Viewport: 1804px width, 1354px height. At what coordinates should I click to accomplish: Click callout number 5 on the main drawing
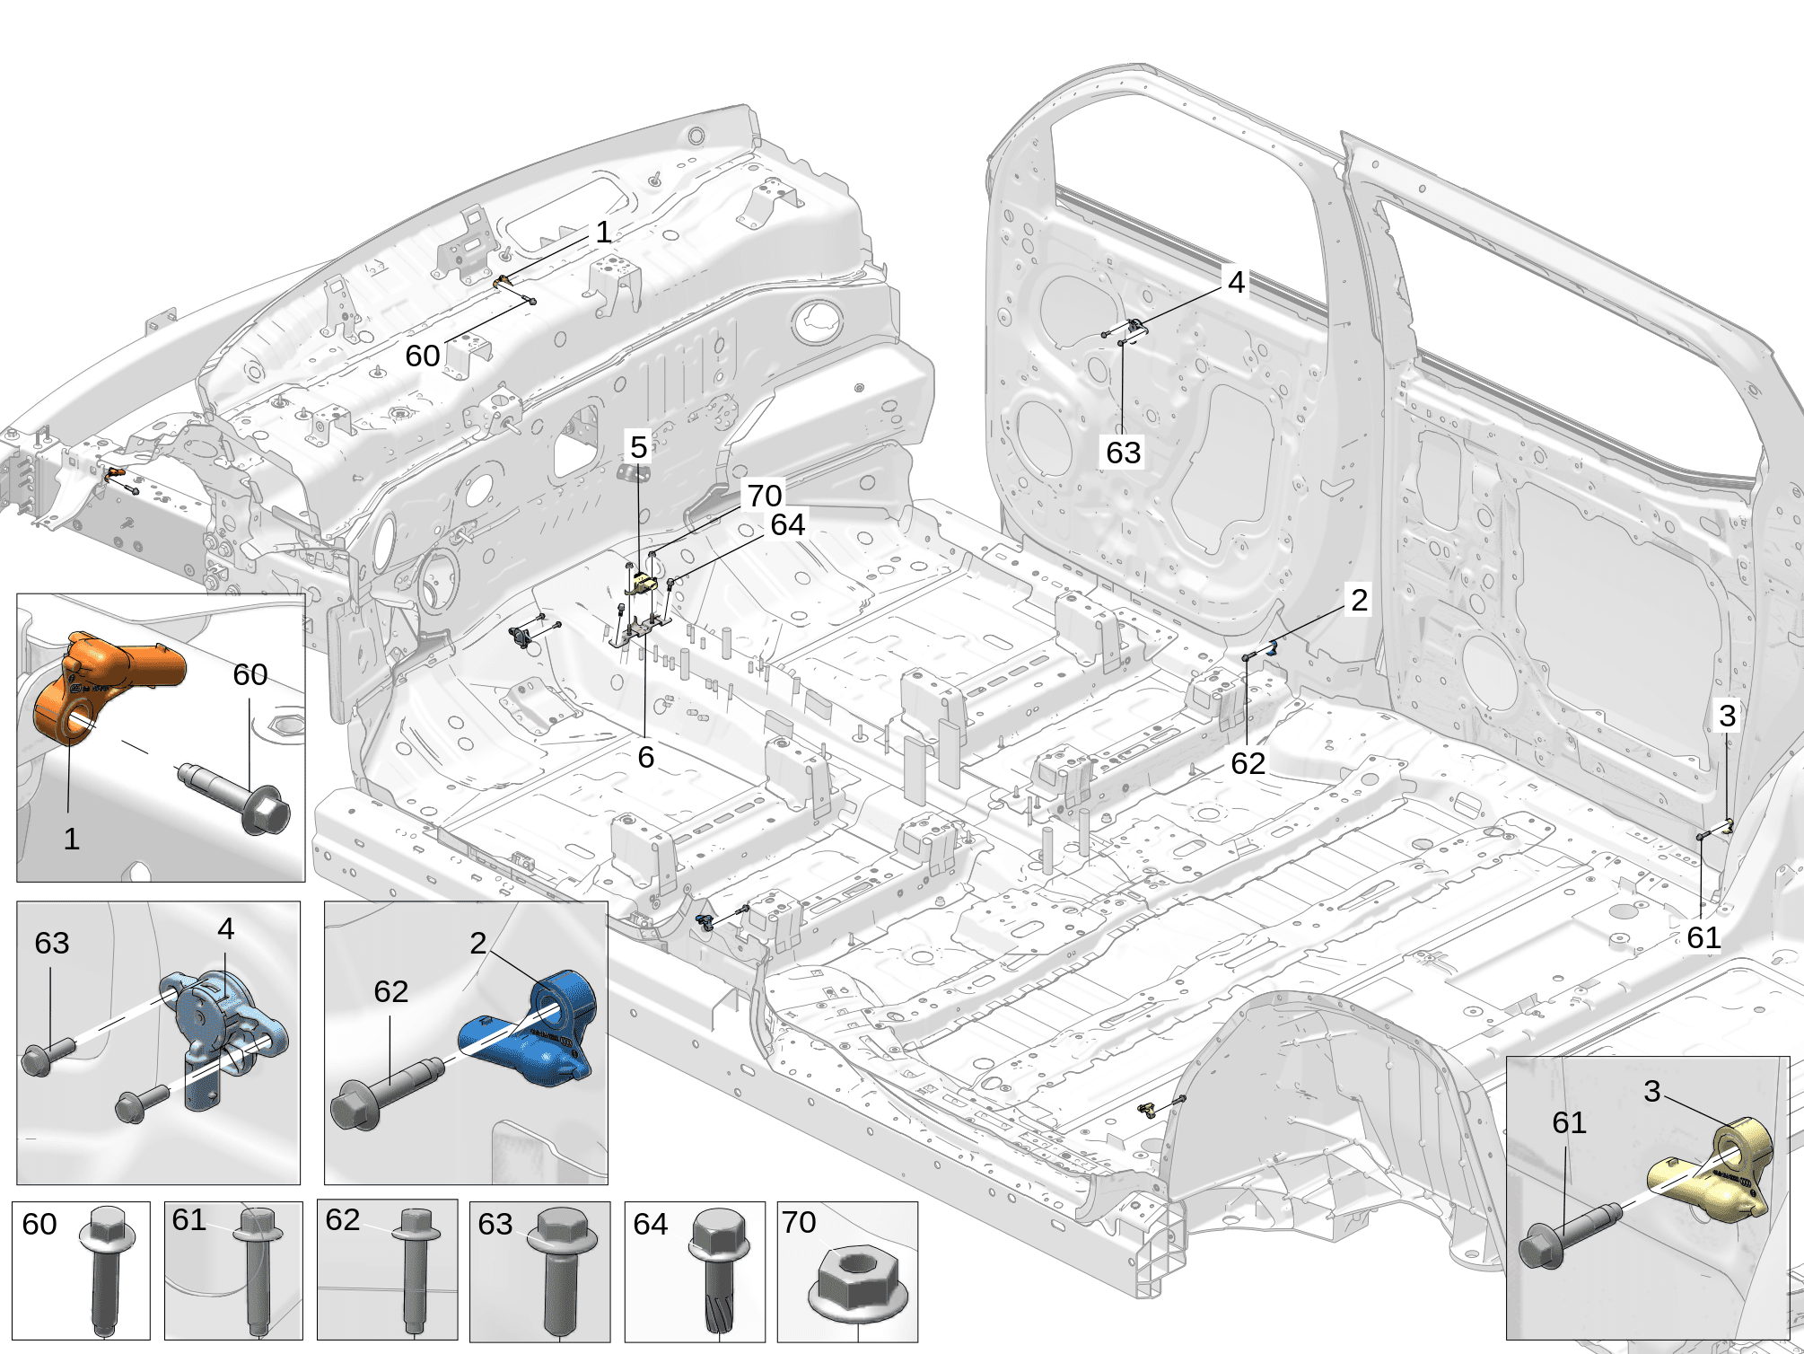[x=638, y=446]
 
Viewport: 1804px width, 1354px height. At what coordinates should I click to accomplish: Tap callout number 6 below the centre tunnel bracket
[x=645, y=757]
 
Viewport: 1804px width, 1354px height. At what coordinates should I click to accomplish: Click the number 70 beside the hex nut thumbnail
[x=798, y=1222]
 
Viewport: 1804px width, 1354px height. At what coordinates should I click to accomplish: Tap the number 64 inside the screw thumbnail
[x=650, y=1224]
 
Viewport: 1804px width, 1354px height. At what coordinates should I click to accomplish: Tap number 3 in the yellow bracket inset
[x=1651, y=1091]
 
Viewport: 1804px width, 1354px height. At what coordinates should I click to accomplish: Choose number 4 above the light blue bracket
[x=225, y=928]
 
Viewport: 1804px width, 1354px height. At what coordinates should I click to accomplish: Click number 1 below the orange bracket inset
[x=71, y=839]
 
